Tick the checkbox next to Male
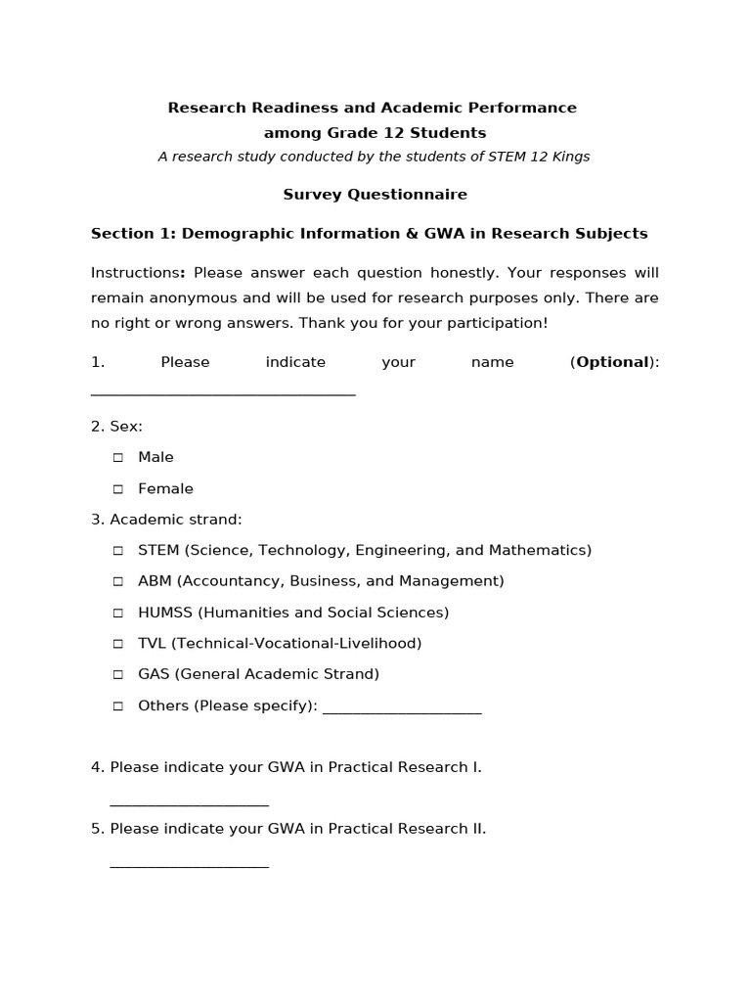[x=118, y=458]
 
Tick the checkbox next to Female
[x=118, y=489]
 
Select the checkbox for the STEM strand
[x=118, y=551]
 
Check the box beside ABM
[x=118, y=581]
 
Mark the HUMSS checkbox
[x=118, y=613]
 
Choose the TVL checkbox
[x=118, y=644]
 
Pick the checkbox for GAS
[x=118, y=674]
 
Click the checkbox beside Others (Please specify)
[x=118, y=706]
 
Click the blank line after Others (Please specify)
[x=401, y=709]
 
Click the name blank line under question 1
[x=223, y=392]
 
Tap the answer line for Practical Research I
[x=189, y=802]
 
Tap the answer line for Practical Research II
[x=189, y=864]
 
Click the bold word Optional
[x=612, y=362]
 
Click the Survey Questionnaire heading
[x=375, y=195]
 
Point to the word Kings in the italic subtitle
[x=569, y=157]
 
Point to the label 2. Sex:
[x=116, y=427]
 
